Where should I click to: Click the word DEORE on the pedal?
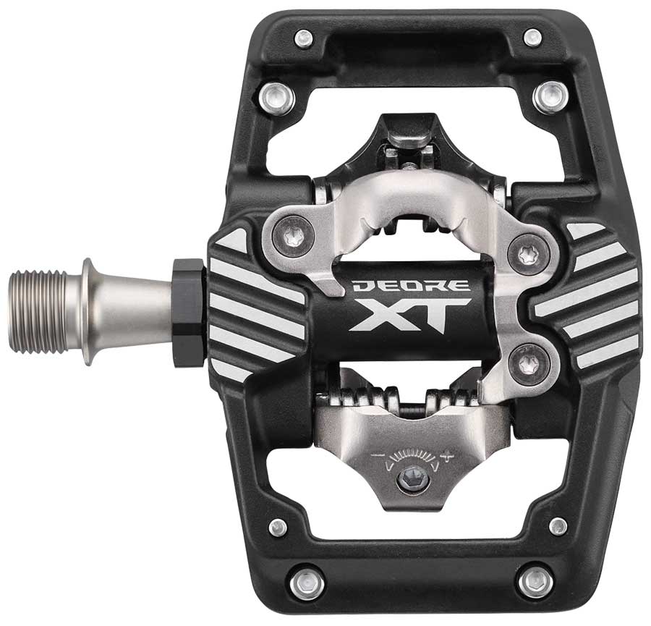411,285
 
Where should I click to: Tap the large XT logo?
410,315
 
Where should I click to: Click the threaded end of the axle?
38,312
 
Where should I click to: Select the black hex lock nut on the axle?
188,313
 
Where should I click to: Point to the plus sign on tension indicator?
447,457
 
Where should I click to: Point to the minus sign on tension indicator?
377,456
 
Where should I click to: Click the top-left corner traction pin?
304,38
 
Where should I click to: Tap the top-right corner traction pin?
532,38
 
